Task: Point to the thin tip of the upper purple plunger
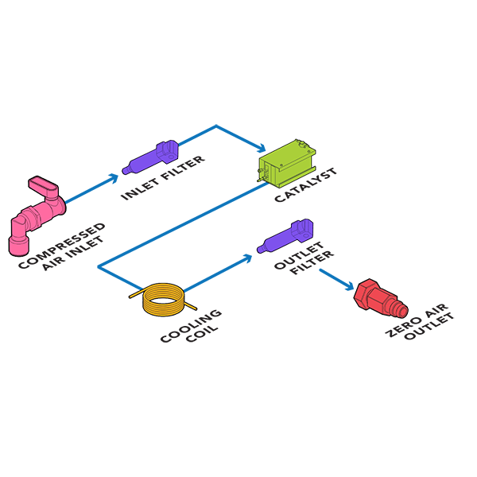(129, 169)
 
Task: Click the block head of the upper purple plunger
(166, 149)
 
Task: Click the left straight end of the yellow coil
(137, 296)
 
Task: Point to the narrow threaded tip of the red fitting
(401, 306)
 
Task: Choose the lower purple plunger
(285, 238)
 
